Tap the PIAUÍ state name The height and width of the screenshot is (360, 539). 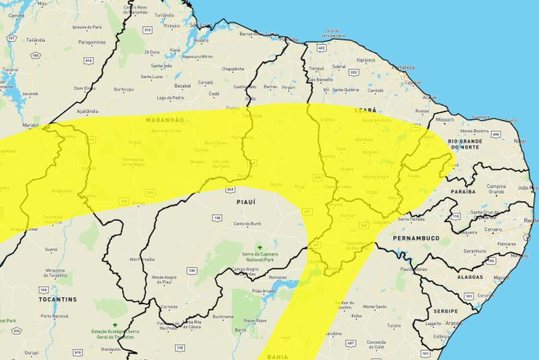click(246, 201)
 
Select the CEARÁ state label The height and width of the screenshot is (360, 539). click(365, 110)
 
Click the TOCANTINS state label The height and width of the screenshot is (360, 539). click(57, 299)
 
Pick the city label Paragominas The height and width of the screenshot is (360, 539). click(92, 42)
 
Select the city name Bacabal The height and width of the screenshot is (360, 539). click(183, 86)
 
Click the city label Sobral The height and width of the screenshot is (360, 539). click(338, 66)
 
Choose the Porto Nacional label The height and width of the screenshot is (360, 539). click(55, 316)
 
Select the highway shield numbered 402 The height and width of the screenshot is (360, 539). click(321, 47)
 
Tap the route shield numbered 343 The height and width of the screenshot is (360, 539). click(230, 190)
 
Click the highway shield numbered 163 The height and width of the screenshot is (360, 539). click(43, 289)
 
